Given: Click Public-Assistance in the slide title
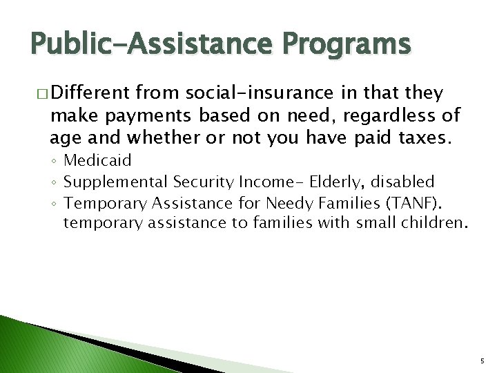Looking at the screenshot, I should [149, 45].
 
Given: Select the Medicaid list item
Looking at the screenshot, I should [97, 161].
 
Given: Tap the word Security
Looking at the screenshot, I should [204, 182].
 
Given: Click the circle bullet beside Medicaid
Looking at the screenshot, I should [55, 162].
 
